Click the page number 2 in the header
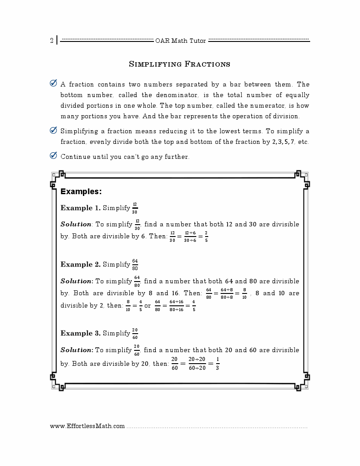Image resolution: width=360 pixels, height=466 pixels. point(52,41)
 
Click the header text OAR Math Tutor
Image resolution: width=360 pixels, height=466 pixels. point(180,41)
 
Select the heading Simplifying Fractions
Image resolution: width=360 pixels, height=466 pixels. point(180,64)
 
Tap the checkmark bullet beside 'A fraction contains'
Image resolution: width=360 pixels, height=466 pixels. point(53,83)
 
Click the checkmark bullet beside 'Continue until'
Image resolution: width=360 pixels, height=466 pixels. point(53,156)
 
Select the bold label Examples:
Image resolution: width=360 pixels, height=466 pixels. point(81,192)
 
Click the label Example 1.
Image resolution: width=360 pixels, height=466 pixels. point(80,208)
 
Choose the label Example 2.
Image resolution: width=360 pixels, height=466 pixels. point(80,264)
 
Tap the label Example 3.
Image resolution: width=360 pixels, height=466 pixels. point(80,333)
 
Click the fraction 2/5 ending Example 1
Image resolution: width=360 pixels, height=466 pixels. point(206,236)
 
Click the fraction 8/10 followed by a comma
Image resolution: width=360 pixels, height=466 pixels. point(244,293)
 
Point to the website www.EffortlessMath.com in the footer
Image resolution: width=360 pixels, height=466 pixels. point(87,426)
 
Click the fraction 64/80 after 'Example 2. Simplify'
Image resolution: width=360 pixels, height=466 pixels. point(135,264)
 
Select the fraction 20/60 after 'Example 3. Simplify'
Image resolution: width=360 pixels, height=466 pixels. point(135,333)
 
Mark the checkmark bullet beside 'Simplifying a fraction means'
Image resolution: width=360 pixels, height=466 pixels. point(53,131)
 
